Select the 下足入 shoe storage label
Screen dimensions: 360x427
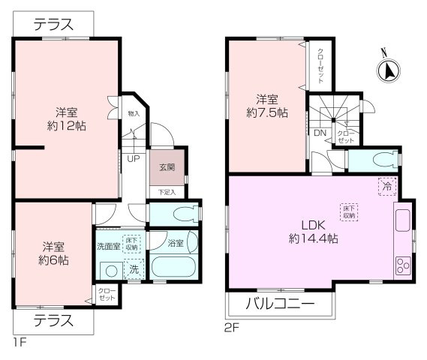[x=167, y=192]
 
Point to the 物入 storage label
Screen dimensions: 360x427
[x=134, y=114]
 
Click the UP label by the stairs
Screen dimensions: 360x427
[x=132, y=159]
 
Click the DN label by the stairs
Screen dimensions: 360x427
[x=320, y=133]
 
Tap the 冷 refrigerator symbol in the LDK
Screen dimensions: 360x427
[x=385, y=185]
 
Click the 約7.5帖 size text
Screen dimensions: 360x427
[x=267, y=113]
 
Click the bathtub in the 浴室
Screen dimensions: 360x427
[x=173, y=267]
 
